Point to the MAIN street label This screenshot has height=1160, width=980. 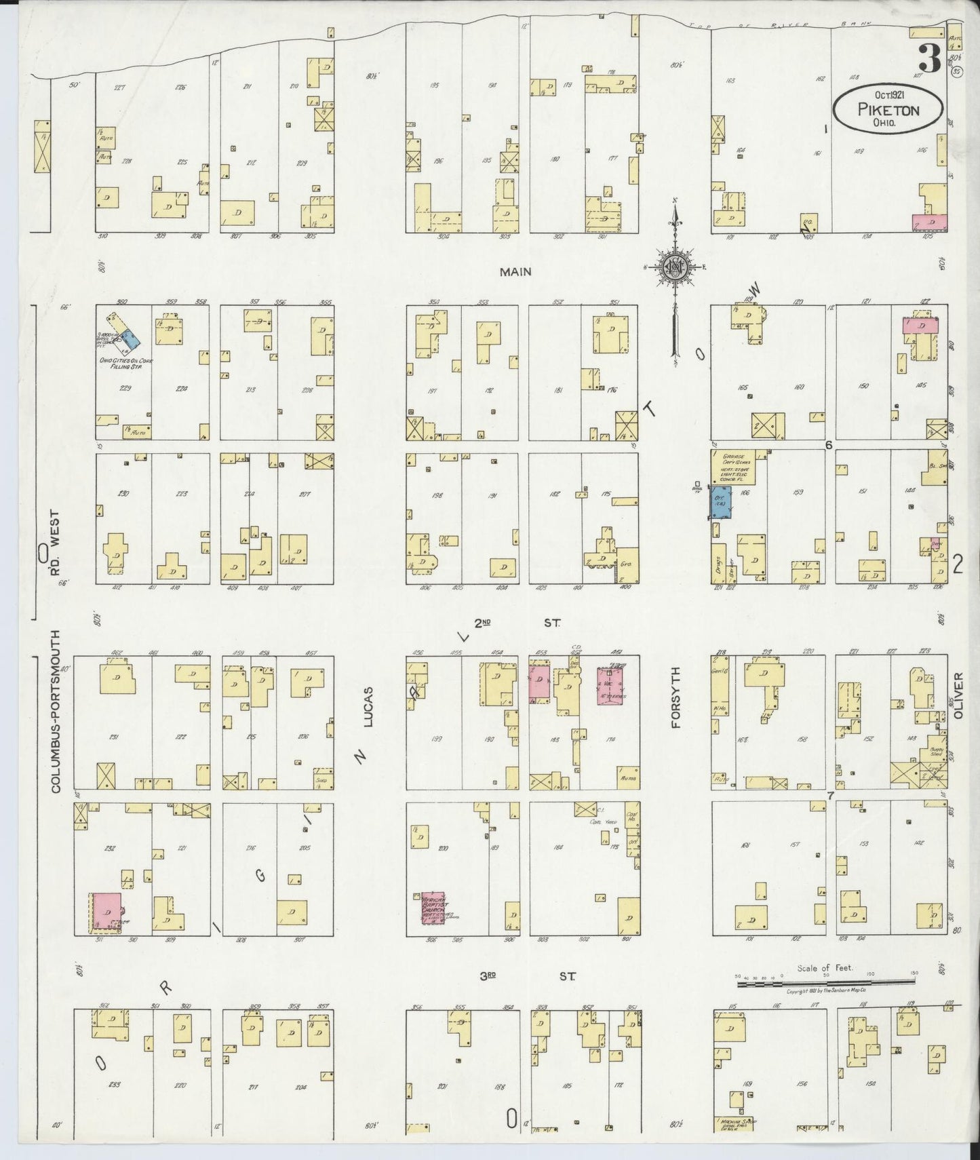(515, 272)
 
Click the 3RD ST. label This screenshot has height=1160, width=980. (528, 977)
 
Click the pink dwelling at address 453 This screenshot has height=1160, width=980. (539, 683)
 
